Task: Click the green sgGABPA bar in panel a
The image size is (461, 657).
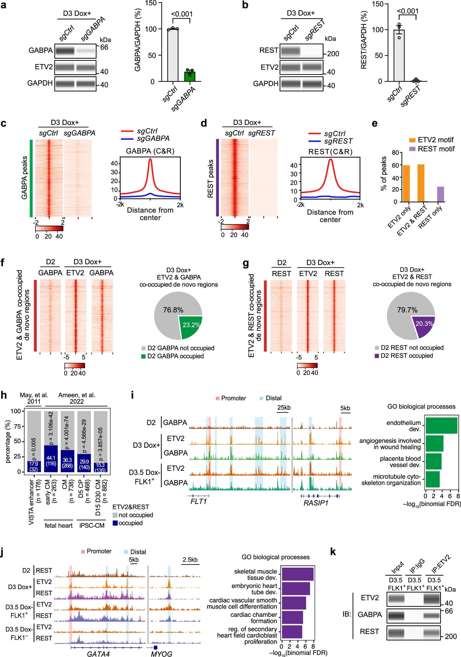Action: pyautogui.click(x=190, y=77)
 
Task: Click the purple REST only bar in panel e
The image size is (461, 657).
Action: pyautogui.click(x=440, y=194)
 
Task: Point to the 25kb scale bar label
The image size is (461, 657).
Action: pyautogui.click(x=284, y=407)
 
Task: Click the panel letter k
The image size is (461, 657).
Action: pyautogui.click(x=333, y=552)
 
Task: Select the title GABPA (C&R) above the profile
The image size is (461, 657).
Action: pyautogui.click(x=150, y=151)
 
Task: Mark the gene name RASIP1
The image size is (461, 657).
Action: pyautogui.click(x=316, y=503)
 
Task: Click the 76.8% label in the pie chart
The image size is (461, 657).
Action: pyautogui.click(x=173, y=310)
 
